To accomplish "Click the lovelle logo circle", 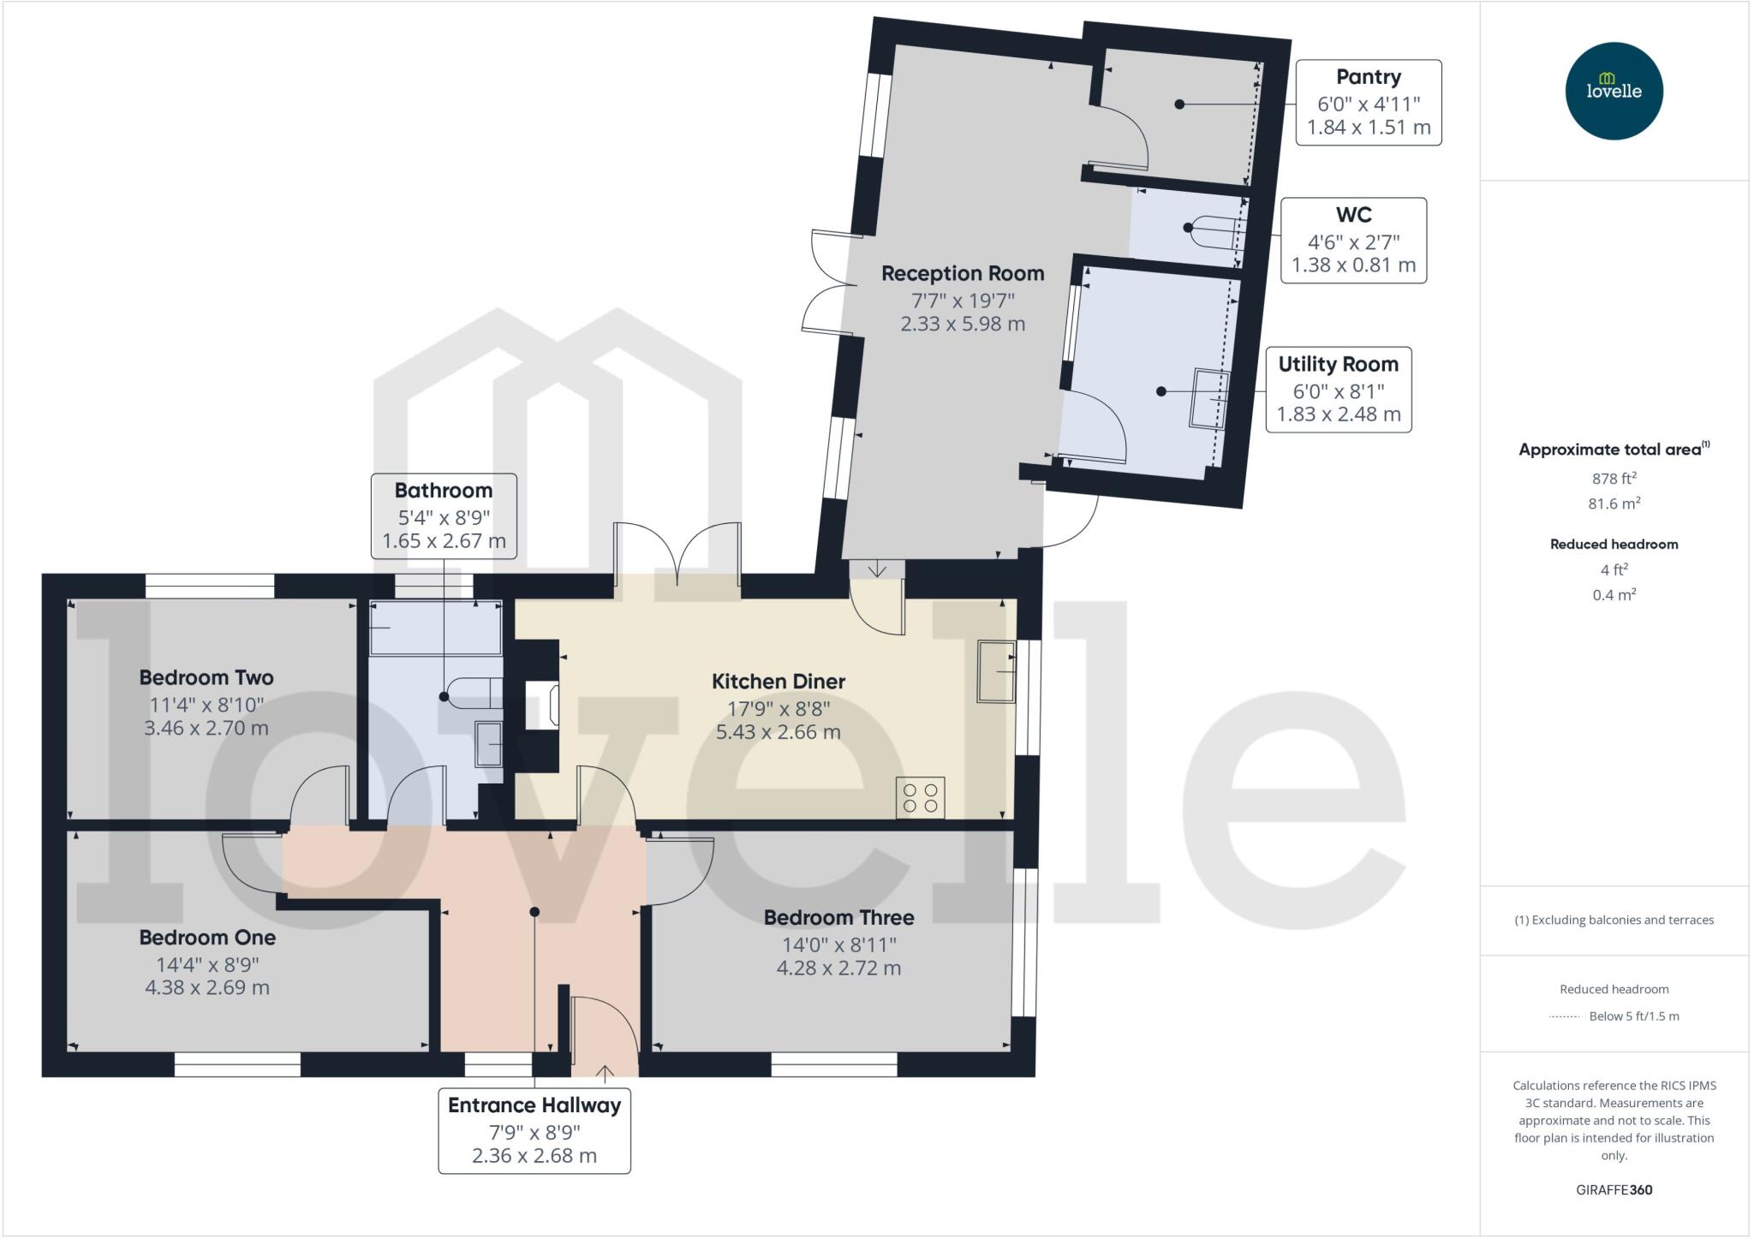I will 1614,91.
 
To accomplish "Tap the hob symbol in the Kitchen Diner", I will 920,797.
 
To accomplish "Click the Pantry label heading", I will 1368,77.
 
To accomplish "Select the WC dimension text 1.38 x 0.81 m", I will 1353,265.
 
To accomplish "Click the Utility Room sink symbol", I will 1208,398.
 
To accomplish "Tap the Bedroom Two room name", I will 206,678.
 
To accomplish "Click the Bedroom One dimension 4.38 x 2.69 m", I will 207,987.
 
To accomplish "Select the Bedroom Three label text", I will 838,918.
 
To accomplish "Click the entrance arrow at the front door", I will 605,1072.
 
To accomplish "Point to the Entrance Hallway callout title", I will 534,1105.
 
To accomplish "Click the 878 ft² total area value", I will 1614,479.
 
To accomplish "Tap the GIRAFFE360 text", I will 1614,1189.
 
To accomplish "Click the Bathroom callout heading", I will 443,491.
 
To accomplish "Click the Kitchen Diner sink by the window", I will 996,672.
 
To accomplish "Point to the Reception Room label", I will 963,274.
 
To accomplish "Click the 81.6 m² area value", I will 1614,503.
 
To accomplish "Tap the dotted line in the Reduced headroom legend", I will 1564,1017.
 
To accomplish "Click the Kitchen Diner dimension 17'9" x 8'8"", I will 778,709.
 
